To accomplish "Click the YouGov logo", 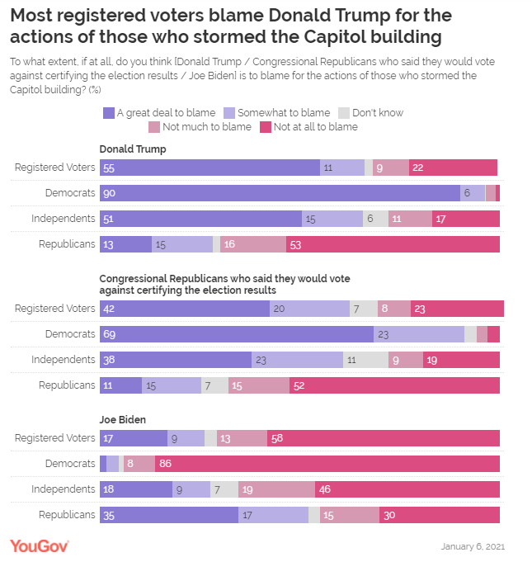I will coord(39,546).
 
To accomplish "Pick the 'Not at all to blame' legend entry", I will coord(308,127).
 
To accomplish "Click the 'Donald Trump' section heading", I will coord(133,149).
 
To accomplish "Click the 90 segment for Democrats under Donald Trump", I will coord(280,193).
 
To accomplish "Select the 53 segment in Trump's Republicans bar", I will coord(393,244).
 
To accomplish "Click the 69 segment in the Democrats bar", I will coord(237,334).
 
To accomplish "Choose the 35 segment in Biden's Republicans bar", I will coord(169,515).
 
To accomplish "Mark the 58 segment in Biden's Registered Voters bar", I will coord(384,438).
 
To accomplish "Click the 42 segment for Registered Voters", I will coord(185,309).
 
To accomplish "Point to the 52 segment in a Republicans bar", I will coord(394,385).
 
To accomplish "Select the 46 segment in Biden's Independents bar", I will coord(407,489).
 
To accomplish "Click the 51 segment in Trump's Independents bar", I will coord(200,219).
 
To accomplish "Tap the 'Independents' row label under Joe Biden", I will coord(64,489).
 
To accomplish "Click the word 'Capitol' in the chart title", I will coord(334,37).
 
